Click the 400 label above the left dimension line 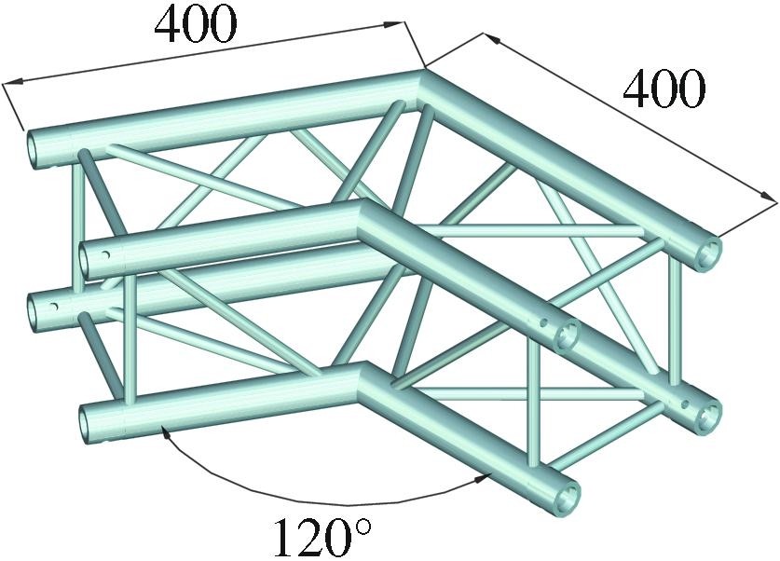click(x=196, y=28)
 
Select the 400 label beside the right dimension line click(x=664, y=90)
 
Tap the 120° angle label click(x=321, y=536)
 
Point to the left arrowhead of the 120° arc click(x=167, y=431)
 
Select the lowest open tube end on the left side click(x=90, y=424)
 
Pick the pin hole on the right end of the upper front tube click(x=541, y=324)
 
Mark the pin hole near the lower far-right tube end click(x=686, y=404)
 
